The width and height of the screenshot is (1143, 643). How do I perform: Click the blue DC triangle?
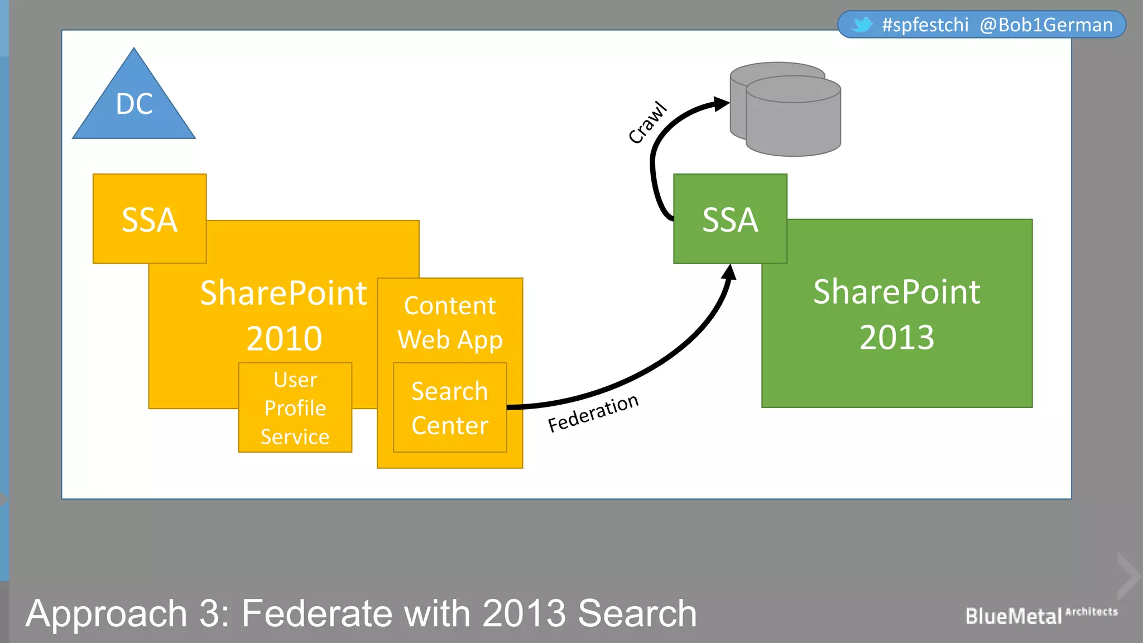pos(134,103)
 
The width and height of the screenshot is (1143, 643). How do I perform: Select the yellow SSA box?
pos(150,219)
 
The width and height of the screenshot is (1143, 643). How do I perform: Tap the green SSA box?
pos(730,219)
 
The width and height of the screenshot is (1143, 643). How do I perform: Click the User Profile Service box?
pos(295,408)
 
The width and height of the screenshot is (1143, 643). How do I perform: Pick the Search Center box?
pos(450,408)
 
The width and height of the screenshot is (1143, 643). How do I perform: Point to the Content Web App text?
pos(450,323)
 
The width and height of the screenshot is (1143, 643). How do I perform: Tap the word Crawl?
pos(647,123)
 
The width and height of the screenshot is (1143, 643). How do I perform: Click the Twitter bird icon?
pos(862,25)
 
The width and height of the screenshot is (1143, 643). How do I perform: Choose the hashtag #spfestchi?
pos(925,25)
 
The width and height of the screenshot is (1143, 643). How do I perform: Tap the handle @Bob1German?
pos(1046,25)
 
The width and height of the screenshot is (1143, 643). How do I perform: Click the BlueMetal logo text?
pos(1014,616)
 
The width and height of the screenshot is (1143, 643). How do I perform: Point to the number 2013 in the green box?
pos(897,338)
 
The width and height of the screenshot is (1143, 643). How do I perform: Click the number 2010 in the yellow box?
pos(284,339)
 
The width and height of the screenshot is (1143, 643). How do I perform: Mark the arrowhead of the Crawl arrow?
pos(722,104)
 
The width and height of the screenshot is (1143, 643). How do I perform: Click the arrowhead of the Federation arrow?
pos(729,272)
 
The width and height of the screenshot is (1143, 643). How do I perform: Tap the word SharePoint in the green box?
pos(897,292)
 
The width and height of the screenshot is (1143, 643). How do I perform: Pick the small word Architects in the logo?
pos(1092,612)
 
